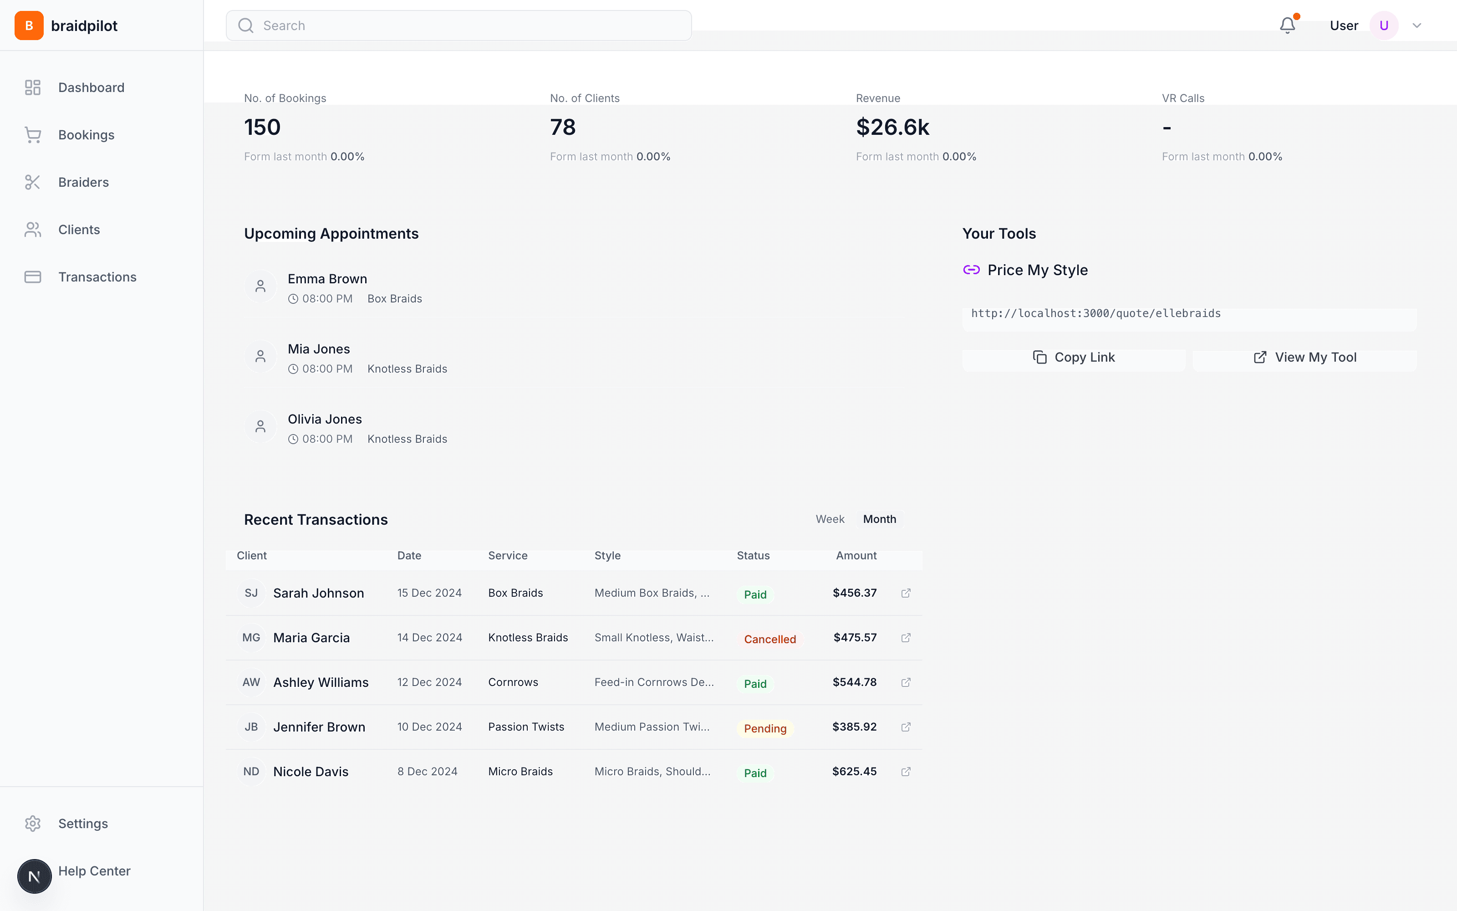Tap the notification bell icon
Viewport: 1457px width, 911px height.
tap(1287, 26)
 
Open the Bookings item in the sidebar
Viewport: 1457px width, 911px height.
tap(86, 135)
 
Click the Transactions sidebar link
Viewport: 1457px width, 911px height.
tap(97, 277)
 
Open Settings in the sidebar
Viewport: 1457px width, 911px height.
tap(82, 824)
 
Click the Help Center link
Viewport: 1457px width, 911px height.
tap(94, 871)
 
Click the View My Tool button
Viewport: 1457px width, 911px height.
tap(1304, 357)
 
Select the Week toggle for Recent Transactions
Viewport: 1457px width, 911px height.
tap(830, 519)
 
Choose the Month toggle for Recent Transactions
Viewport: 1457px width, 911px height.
tap(879, 519)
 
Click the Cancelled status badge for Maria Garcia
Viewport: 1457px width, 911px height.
tap(769, 639)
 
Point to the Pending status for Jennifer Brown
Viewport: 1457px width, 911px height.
tap(764, 728)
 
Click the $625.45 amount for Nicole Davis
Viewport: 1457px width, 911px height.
tap(854, 772)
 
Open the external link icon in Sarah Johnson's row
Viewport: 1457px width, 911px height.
tap(906, 594)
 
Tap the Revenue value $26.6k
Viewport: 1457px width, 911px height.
tap(892, 127)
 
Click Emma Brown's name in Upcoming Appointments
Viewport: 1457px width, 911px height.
tap(327, 279)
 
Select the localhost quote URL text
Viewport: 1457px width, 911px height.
tap(1096, 313)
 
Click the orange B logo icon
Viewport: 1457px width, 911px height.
tap(29, 26)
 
